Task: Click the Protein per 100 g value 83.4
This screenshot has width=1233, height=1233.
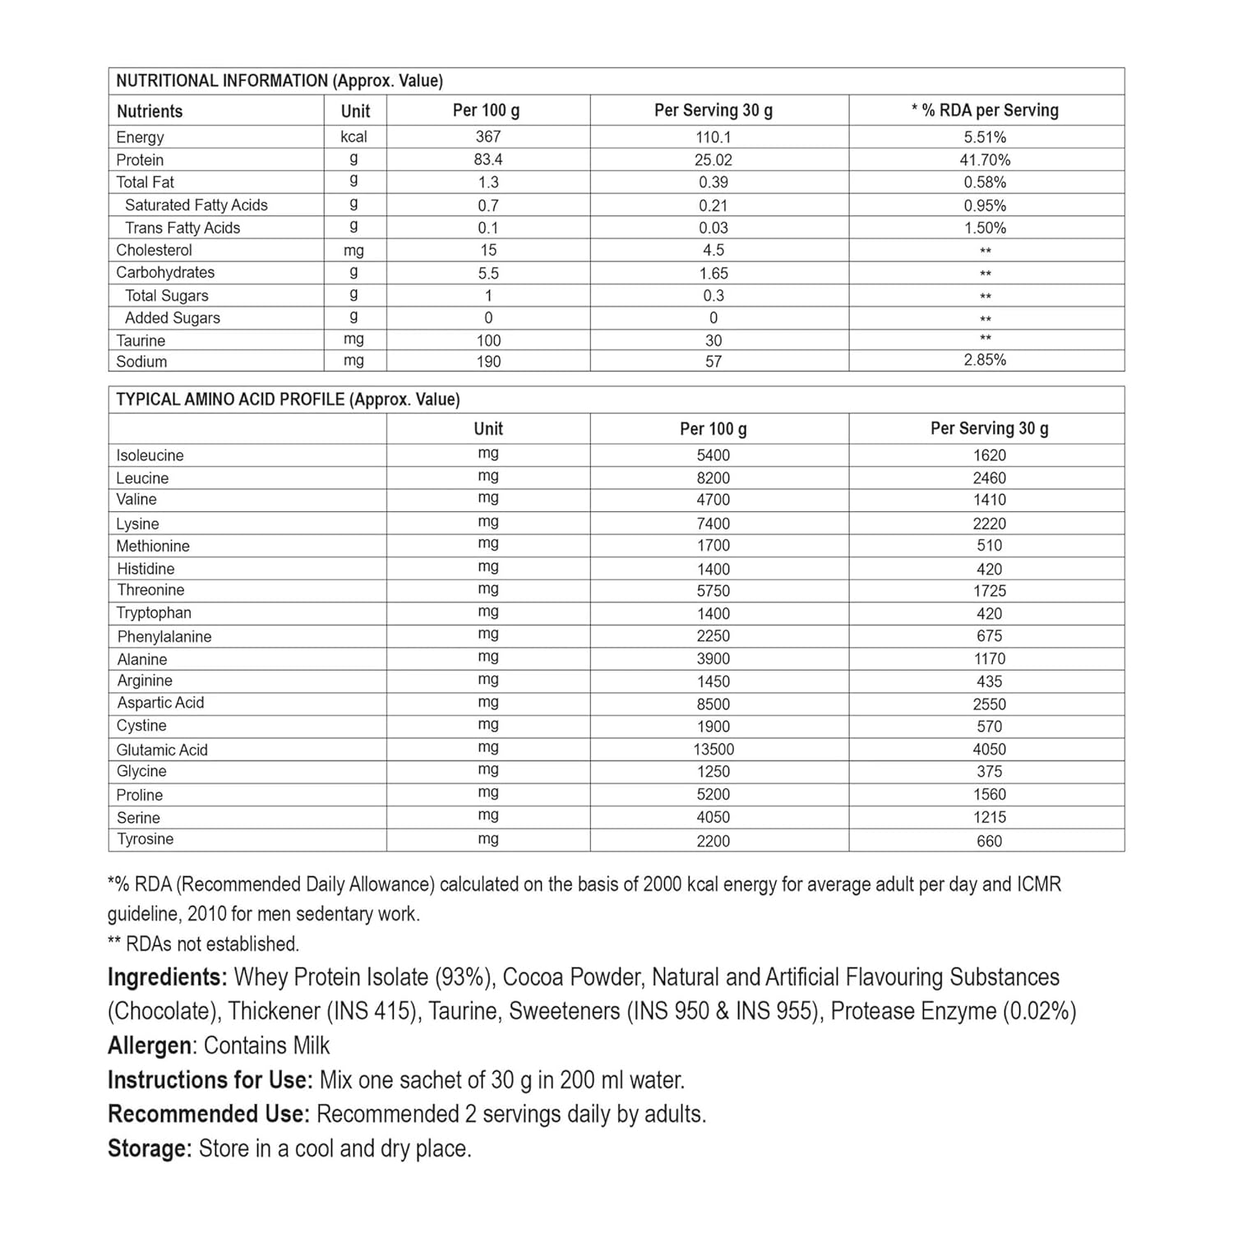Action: (x=488, y=159)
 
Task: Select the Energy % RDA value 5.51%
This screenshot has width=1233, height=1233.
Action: (x=985, y=137)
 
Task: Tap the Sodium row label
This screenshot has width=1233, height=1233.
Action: (x=141, y=362)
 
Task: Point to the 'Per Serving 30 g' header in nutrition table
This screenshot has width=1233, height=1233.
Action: (x=713, y=110)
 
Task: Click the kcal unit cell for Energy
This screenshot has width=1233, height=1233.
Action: (x=354, y=136)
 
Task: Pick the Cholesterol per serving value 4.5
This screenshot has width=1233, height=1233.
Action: (x=713, y=250)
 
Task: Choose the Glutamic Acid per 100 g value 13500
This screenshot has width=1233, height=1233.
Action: (x=713, y=749)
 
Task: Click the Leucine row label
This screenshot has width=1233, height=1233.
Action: (x=142, y=478)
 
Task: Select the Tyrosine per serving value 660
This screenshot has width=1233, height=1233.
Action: (x=989, y=840)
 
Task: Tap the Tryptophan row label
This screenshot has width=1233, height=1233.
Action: (x=154, y=612)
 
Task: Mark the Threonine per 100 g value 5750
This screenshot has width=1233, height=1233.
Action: (x=713, y=590)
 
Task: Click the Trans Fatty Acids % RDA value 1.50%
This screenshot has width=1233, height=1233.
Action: (x=985, y=228)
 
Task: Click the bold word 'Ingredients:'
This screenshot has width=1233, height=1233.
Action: (x=167, y=977)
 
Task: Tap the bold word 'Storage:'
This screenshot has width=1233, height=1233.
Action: (x=150, y=1148)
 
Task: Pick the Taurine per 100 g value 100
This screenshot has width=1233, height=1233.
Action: (x=488, y=340)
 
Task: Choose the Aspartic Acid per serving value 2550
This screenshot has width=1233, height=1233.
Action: (x=989, y=704)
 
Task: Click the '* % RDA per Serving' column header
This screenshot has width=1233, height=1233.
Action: (x=985, y=110)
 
